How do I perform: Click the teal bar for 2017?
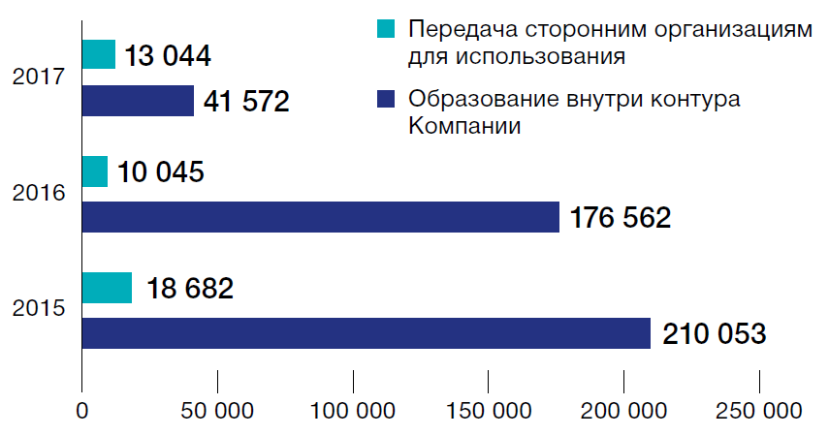[x=99, y=54]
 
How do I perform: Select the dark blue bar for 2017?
[x=138, y=101]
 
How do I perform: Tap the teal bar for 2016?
[x=95, y=171]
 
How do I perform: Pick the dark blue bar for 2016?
[x=320, y=217]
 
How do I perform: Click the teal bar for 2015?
[x=107, y=288]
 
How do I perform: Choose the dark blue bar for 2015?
[x=366, y=333]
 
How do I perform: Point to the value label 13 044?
[x=168, y=55]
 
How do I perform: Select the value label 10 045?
[x=160, y=172]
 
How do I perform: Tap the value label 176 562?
[x=621, y=218]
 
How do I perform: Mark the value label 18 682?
[x=190, y=289]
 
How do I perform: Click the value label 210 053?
[x=715, y=334]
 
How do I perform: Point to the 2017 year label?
[x=39, y=78]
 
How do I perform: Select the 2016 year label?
[x=39, y=194]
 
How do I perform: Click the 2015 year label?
[x=39, y=310]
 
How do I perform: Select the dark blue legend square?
[x=385, y=99]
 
